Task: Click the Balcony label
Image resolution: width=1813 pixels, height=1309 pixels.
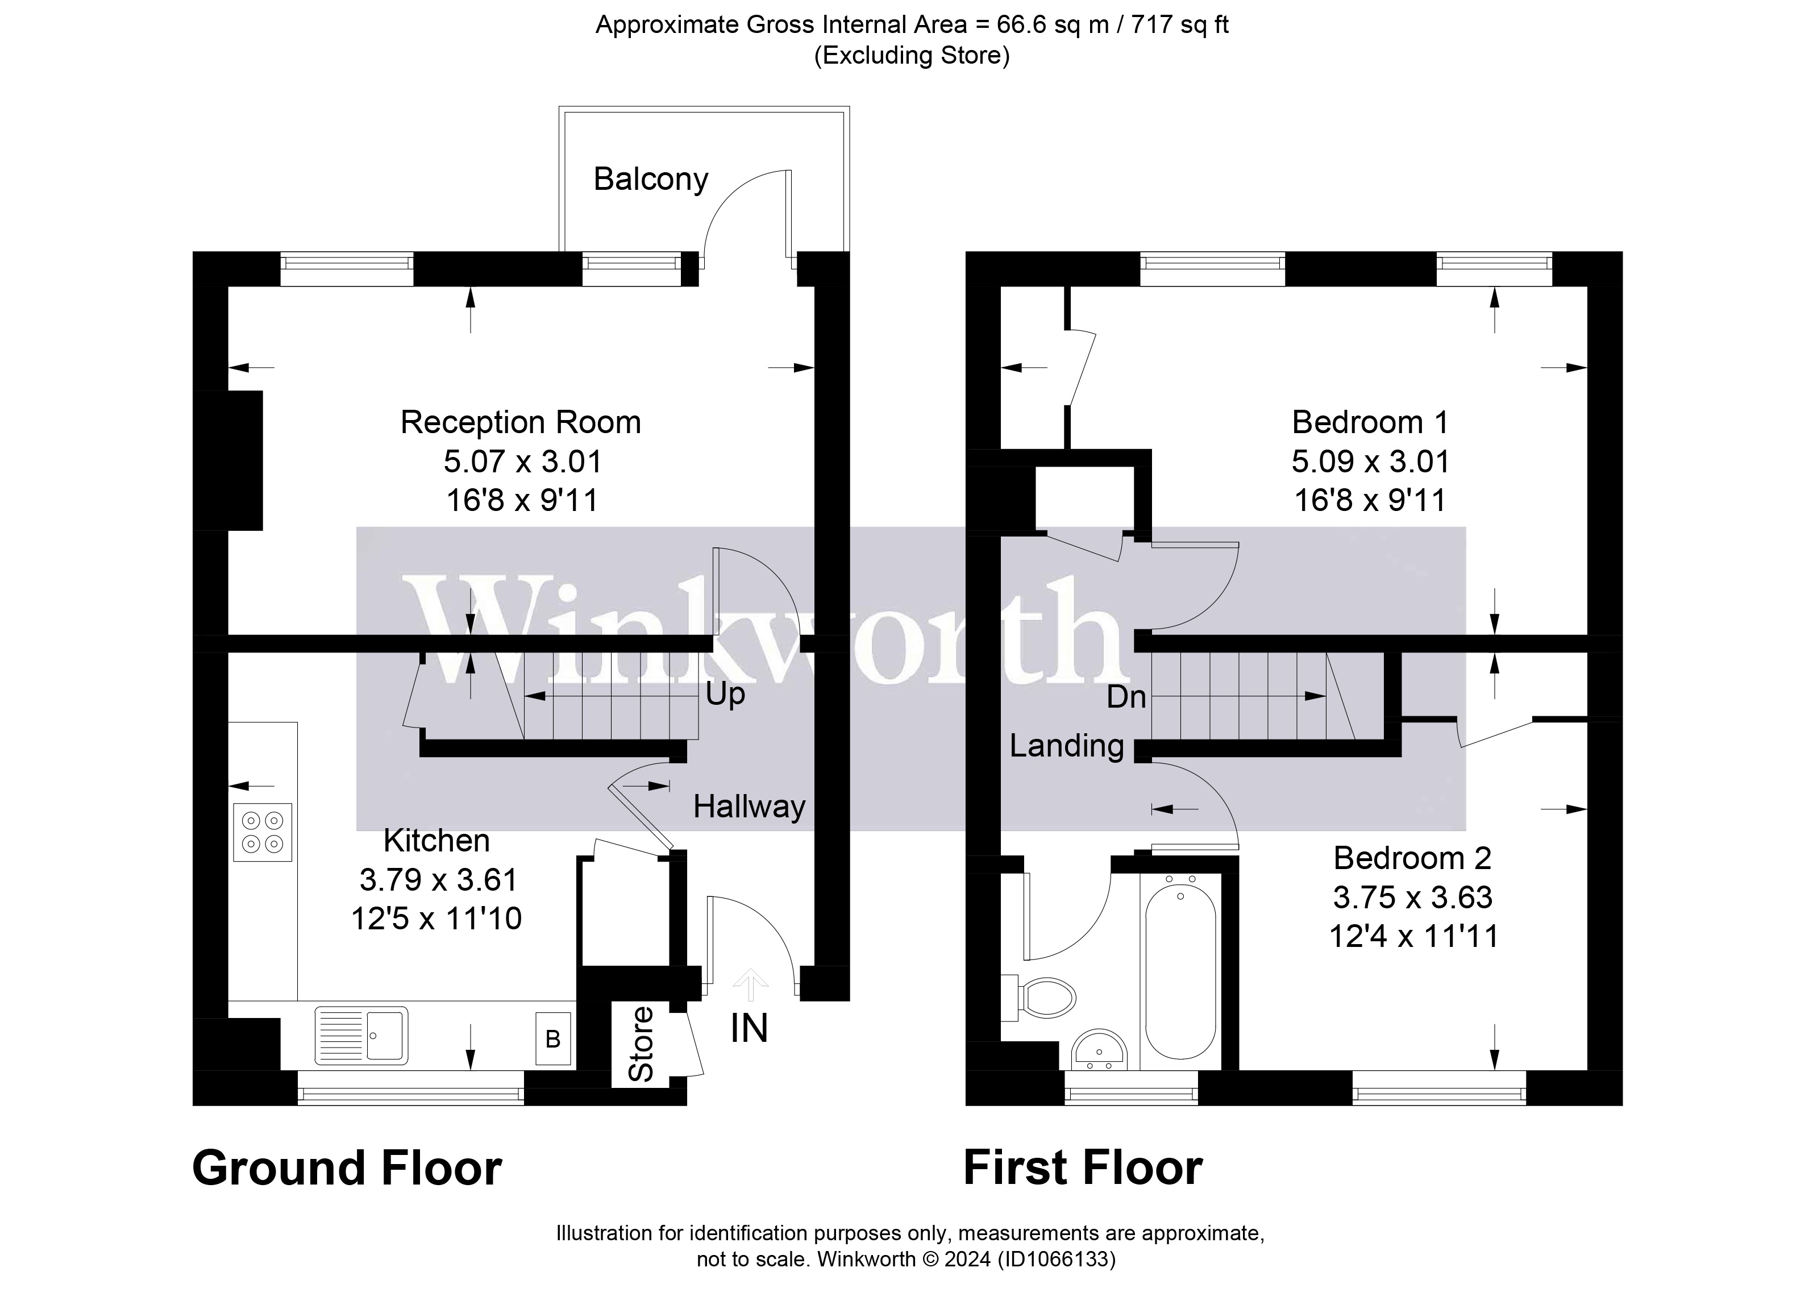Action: click(x=650, y=179)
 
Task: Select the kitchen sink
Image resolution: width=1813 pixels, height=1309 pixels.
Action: click(x=361, y=1036)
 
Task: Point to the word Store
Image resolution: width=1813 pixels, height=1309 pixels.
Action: click(x=641, y=1044)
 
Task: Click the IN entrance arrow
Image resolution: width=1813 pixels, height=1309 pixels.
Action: click(x=749, y=986)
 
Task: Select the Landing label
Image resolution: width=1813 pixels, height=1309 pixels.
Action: click(x=1066, y=746)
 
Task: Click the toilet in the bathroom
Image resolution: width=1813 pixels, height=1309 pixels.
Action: click(x=1046, y=998)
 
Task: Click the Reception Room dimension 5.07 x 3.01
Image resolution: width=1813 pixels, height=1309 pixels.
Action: click(x=522, y=462)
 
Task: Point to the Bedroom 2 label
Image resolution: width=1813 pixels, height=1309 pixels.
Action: click(x=1412, y=858)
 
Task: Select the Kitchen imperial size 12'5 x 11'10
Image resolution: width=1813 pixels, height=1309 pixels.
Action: click(x=436, y=919)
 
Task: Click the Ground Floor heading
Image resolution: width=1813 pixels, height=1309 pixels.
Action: click(x=346, y=1168)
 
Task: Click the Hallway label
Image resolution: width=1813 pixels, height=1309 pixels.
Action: click(x=749, y=807)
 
